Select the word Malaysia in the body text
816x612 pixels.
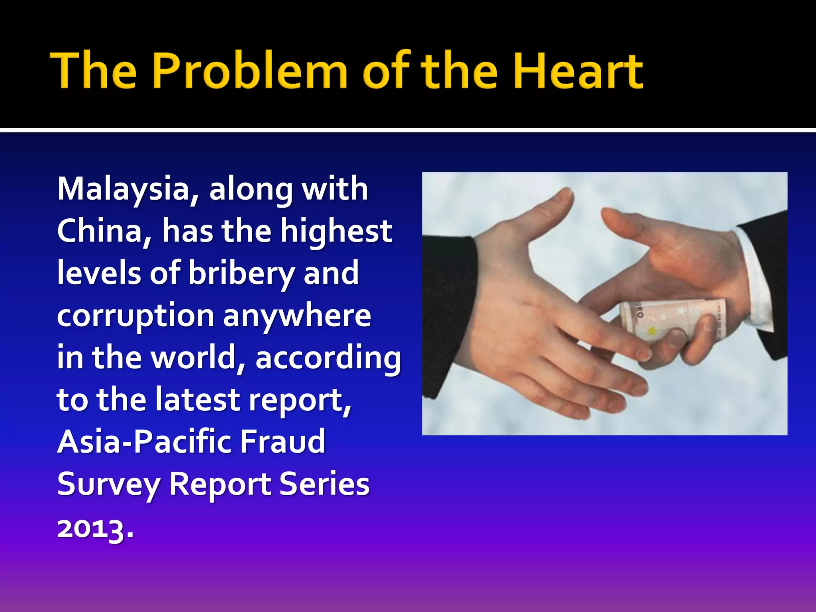[124, 189]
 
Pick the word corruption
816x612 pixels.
[135, 316]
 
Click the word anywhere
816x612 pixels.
[297, 316]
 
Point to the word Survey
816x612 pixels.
[108, 484]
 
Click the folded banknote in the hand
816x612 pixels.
[673, 317]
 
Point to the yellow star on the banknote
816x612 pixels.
[652, 330]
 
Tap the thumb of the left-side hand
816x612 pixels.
[550, 211]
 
